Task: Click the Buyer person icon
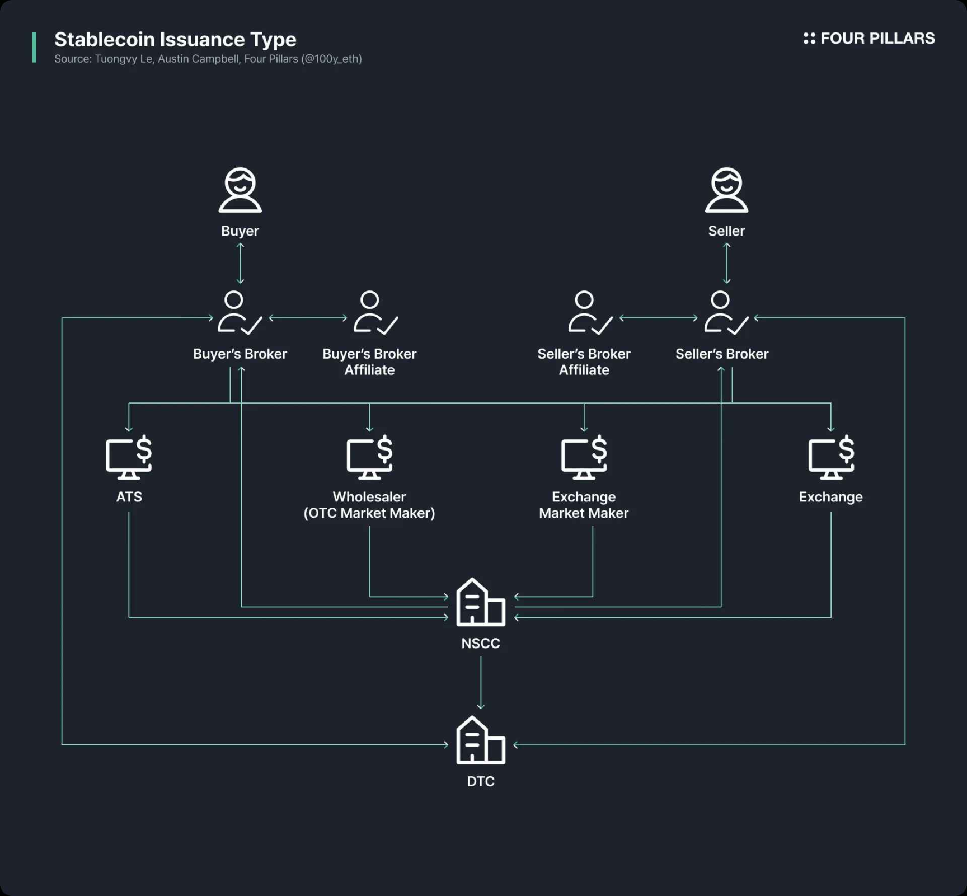[x=240, y=190]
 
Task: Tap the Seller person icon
[x=726, y=190]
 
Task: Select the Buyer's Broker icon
[x=240, y=313]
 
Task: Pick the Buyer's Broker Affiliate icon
[x=375, y=313]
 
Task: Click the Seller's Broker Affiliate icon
[x=590, y=313]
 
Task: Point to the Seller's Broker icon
[x=726, y=313]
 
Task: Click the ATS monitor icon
[x=129, y=457]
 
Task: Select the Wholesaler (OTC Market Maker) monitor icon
[x=369, y=457]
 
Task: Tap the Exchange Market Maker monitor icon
[x=584, y=457]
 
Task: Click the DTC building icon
[x=481, y=740]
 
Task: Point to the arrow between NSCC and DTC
[x=481, y=683]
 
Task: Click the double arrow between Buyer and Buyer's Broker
[x=240, y=263]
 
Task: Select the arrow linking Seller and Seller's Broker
[x=726, y=263]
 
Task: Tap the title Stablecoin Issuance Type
[x=175, y=39]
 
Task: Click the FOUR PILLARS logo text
[x=876, y=38]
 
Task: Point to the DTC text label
[x=481, y=781]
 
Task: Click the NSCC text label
[x=481, y=644]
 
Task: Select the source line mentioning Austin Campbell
[x=208, y=59]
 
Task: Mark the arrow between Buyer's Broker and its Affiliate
[x=308, y=318]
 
